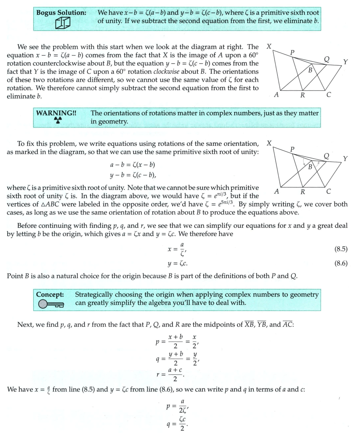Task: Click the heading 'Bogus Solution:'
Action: (61, 13)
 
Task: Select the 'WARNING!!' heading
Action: (56, 113)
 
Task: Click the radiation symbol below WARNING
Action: (57, 120)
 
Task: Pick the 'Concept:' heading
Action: (50, 295)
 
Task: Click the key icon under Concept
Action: (51, 304)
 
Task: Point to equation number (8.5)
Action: (340, 249)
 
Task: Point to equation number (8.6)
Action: (340, 263)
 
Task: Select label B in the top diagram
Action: (310, 70)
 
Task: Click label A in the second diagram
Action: (276, 191)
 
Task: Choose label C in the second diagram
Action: (328, 191)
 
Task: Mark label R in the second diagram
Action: (303, 192)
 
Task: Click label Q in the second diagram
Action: (326, 156)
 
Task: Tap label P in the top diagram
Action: (293, 52)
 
